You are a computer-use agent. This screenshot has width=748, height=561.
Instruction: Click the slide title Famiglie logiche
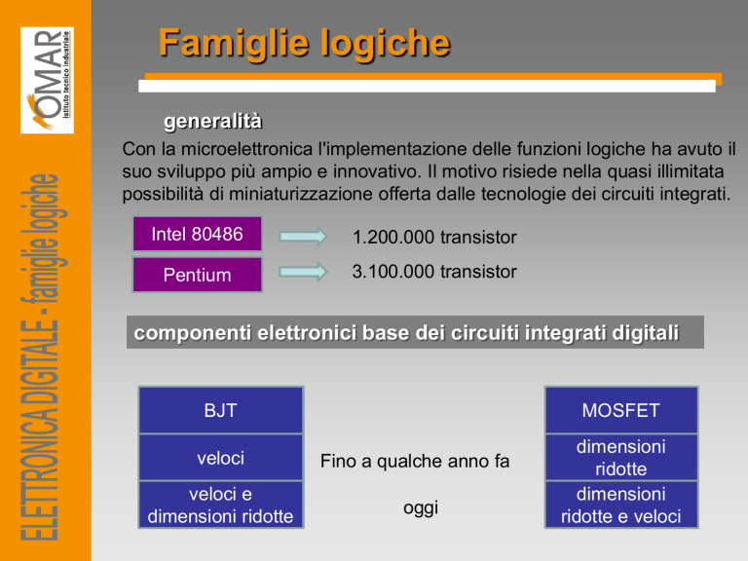pos(304,44)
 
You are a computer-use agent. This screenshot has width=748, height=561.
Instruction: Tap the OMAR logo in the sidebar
pos(47,80)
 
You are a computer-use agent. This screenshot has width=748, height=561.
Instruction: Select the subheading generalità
pos(212,121)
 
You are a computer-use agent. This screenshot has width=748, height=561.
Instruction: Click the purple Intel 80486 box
pos(197,234)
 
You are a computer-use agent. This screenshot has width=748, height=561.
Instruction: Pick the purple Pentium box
pos(197,275)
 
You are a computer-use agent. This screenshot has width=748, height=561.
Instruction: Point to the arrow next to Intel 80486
pos(303,236)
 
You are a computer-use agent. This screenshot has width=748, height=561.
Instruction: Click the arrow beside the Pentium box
pos(303,272)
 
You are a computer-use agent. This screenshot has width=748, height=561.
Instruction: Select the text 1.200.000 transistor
pos(434,237)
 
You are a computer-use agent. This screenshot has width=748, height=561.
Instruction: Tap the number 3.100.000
pos(393,272)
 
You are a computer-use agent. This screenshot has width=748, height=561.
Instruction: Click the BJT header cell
pos(220,410)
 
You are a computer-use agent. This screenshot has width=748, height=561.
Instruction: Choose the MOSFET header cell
pos(621,410)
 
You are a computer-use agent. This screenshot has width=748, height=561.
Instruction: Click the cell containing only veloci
pos(220,458)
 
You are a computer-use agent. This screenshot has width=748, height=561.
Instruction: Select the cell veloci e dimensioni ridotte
pos(220,505)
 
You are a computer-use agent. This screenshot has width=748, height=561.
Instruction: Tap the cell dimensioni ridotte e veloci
pos(621,505)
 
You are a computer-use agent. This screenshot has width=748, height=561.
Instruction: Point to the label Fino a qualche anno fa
pos(415,462)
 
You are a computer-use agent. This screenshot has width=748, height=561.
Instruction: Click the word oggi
pos(421,508)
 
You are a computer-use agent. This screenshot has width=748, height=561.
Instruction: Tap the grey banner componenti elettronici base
pos(415,332)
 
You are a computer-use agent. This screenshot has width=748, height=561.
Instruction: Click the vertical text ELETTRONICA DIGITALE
pos(41,430)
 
